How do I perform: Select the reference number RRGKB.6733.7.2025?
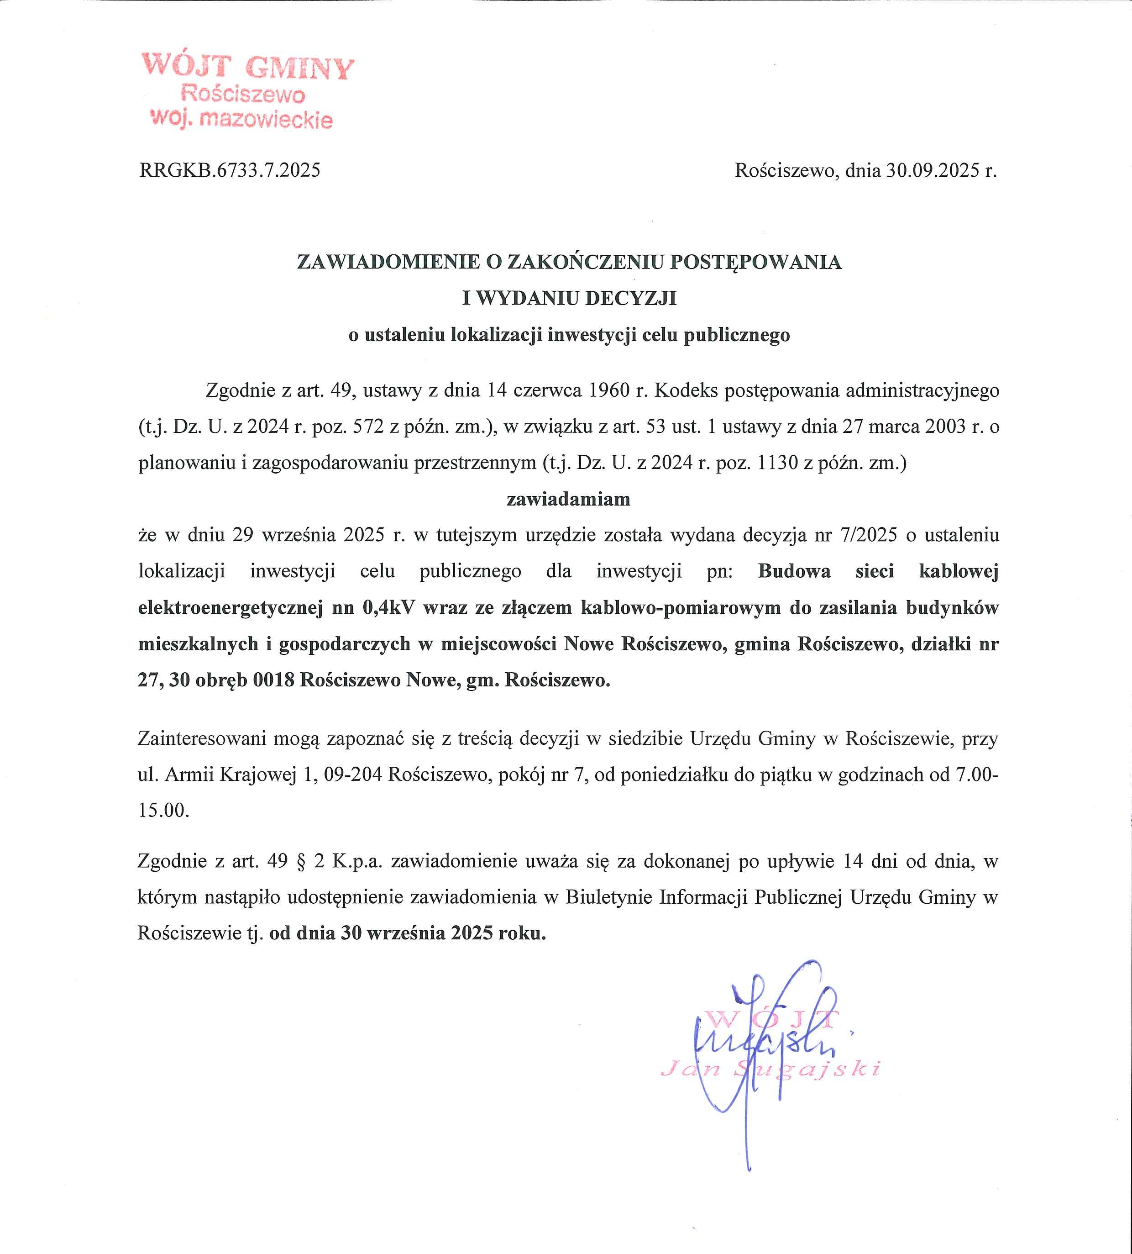(x=230, y=170)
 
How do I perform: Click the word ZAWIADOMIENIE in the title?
(x=388, y=262)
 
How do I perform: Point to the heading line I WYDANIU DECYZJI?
(x=569, y=299)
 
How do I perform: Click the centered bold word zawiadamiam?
(x=568, y=499)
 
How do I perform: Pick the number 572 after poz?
(x=371, y=427)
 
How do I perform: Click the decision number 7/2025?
(x=869, y=535)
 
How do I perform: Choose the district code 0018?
(x=273, y=680)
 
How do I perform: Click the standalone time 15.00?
(x=163, y=811)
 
